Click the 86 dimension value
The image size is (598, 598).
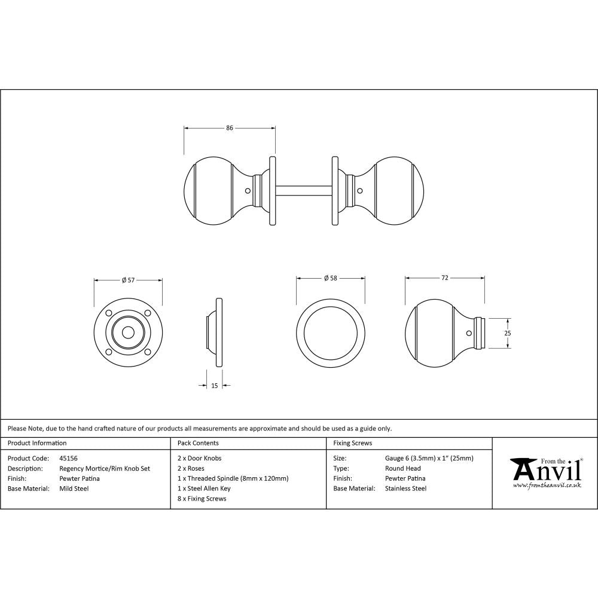tap(230, 127)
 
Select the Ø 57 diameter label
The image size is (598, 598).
tap(128, 279)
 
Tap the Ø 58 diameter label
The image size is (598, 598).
tap(331, 278)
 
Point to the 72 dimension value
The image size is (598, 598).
tap(445, 277)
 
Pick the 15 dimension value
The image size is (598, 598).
tap(215, 386)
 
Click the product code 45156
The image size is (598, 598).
tap(69, 459)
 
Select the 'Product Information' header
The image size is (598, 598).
tap(37, 444)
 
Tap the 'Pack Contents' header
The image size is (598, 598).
tap(199, 444)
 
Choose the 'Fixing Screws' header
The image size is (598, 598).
tap(353, 444)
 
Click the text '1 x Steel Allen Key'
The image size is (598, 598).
tap(205, 489)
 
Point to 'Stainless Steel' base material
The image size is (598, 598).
tap(406, 489)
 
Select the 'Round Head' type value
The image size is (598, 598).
tap(403, 469)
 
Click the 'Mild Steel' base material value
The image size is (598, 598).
tap(74, 489)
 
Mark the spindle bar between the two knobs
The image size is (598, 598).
tap(303, 191)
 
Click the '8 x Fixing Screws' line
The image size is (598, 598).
tap(202, 499)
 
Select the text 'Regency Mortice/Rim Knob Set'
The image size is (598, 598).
tap(105, 469)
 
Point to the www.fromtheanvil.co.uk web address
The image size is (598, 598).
tap(547, 486)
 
